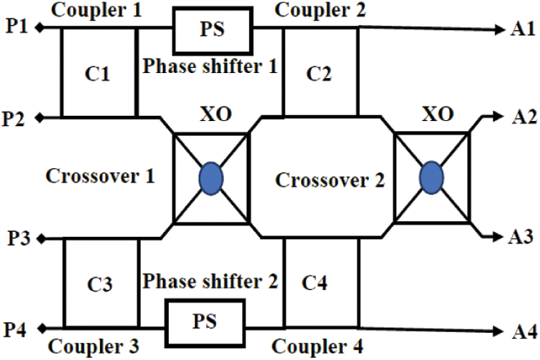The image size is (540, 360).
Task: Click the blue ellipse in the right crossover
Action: [431, 177]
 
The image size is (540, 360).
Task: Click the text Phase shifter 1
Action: [210, 67]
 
